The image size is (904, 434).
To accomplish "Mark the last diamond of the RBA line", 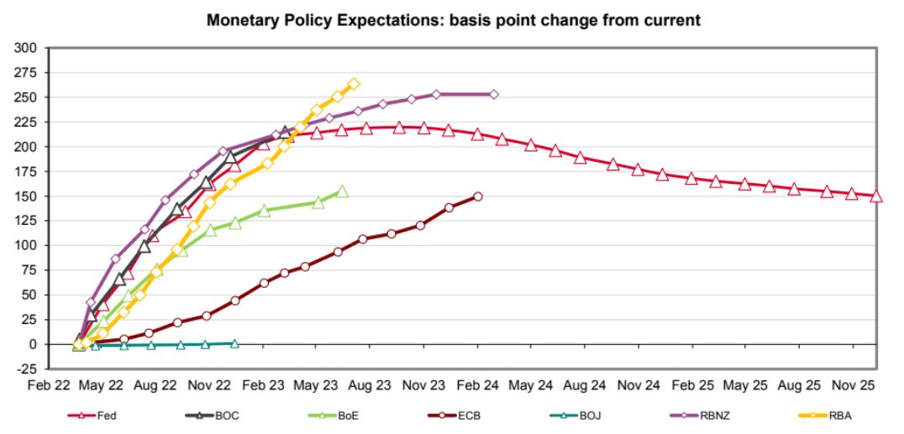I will click(x=354, y=84).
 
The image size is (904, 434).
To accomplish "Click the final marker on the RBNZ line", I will click(x=493, y=94).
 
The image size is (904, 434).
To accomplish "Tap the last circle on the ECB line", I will click(x=477, y=196).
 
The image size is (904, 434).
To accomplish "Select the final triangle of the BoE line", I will click(x=342, y=191).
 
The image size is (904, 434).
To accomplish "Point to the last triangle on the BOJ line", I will click(x=234, y=343).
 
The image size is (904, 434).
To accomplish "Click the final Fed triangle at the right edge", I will click(x=876, y=196).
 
